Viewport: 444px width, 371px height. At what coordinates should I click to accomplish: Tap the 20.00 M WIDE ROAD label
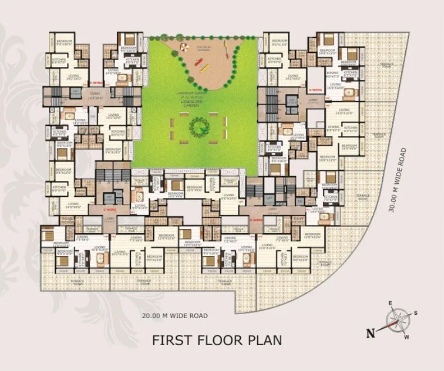click(175, 316)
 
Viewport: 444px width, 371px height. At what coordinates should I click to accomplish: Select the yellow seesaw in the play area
click(200, 63)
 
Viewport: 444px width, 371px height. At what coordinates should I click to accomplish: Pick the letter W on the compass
click(408, 337)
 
